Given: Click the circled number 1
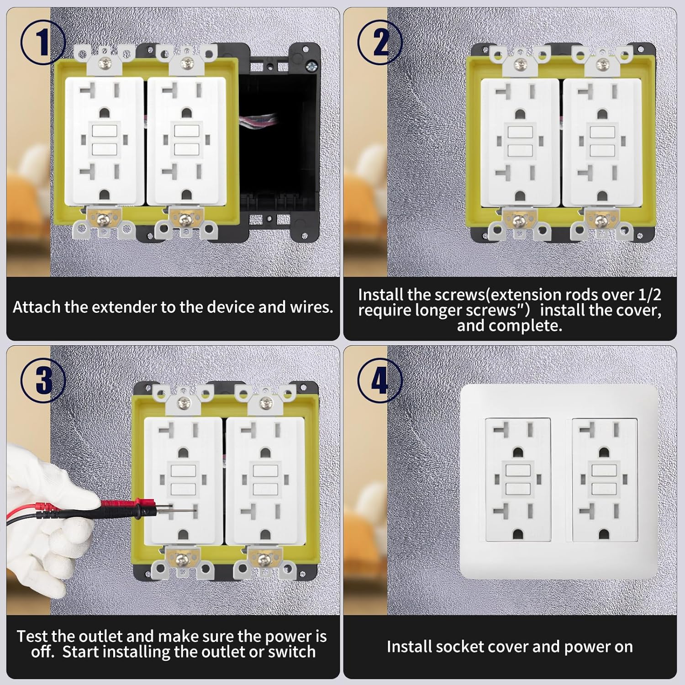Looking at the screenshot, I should (x=43, y=43).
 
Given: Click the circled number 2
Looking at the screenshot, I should (x=380, y=43).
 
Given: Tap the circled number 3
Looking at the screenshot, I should (x=43, y=380).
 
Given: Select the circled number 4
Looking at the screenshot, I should (x=380, y=380).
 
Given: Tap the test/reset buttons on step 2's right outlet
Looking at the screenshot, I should (x=602, y=142).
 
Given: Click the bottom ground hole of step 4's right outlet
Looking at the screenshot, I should (x=606, y=533).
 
